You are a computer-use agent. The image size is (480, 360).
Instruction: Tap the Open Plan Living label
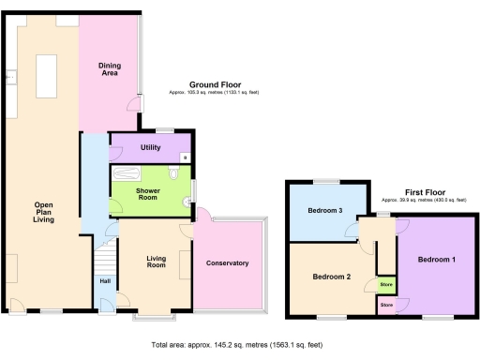tap(43, 212)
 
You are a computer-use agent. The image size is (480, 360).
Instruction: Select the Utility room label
tap(151, 147)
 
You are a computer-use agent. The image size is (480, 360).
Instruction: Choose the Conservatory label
tap(227, 263)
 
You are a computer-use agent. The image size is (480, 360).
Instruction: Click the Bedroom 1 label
tap(437, 259)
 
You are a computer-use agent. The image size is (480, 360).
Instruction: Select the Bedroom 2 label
tap(331, 277)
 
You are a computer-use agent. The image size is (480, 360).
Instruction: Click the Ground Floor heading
tap(216, 85)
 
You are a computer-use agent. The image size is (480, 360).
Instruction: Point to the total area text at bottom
tap(239, 345)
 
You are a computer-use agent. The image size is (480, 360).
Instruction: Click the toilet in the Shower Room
tap(175, 175)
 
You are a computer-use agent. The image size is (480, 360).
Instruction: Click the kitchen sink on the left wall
tap(13, 78)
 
